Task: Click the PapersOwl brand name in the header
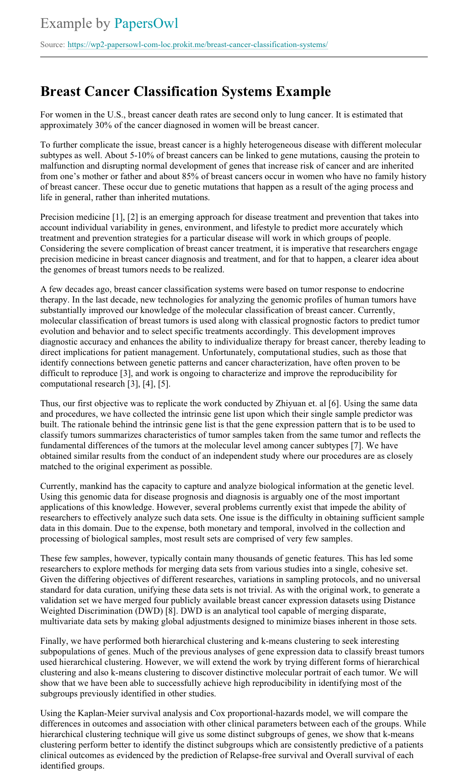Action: tap(146, 23)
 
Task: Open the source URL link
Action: tap(197, 45)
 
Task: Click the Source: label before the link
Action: tap(53, 45)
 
